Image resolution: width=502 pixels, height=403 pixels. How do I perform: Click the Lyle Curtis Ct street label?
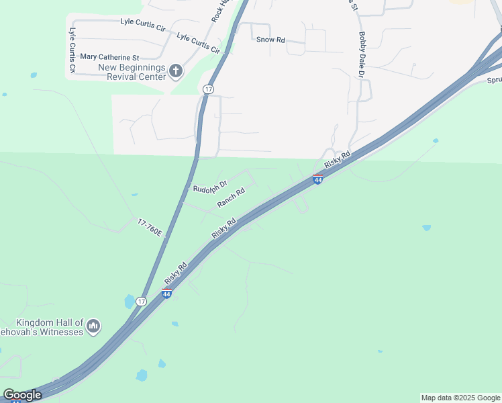point(72,50)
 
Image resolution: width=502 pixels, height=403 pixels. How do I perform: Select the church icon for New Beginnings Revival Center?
point(176,70)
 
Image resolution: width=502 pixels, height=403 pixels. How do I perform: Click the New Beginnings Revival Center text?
point(132,72)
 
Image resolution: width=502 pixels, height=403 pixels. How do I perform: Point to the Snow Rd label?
point(270,40)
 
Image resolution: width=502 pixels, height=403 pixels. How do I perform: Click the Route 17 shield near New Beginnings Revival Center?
point(209,89)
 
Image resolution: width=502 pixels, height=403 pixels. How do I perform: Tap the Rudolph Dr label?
point(210,186)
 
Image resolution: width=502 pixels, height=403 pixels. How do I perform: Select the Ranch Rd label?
point(231,197)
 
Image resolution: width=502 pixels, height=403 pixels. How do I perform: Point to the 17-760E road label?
point(150,227)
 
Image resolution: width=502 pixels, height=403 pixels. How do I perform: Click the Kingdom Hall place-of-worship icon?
point(93,326)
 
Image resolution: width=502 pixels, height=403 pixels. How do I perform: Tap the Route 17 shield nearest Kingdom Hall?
point(141,301)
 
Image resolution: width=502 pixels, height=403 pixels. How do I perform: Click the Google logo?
point(22,395)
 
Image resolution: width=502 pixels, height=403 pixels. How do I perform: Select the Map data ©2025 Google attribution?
point(460,398)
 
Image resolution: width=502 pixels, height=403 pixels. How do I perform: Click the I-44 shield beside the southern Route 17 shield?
point(166,294)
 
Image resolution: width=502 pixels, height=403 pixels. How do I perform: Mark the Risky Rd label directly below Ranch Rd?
point(224,228)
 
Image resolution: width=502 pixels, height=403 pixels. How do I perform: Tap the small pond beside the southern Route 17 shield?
point(129,302)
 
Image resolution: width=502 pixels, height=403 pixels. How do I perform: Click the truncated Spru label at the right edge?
point(494,80)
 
